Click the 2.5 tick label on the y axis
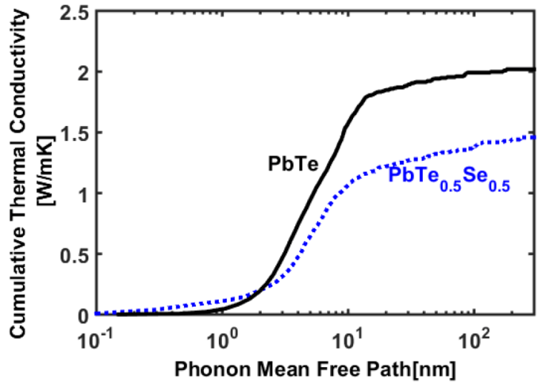(x=75, y=12)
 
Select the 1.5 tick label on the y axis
(x=75, y=133)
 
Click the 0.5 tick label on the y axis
(x=75, y=254)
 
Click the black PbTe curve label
(x=293, y=165)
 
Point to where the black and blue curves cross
(x=264, y=291)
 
